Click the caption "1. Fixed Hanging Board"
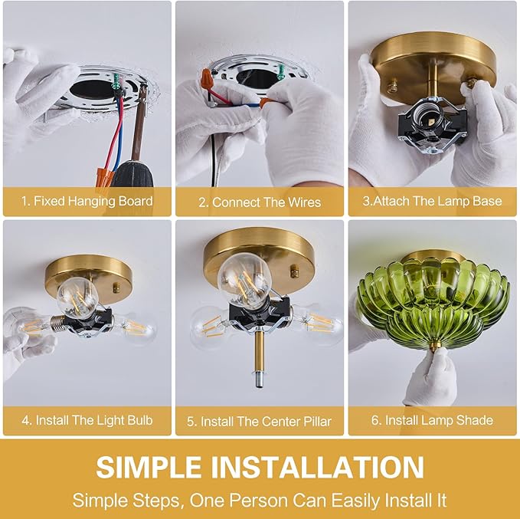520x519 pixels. (x=87, y=201)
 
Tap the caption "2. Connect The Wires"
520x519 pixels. (x=260, y=202)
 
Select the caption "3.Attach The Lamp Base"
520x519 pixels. (x=432, y=201)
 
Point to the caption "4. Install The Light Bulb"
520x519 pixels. (x=87, y=420)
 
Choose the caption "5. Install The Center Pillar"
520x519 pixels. (x=259, y=422)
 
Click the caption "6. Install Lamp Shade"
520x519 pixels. (x=432, y=420)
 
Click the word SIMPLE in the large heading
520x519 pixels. (x=149, y=467)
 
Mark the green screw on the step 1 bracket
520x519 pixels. (x=116, y=81)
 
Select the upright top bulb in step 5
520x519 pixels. (x=244, y=279)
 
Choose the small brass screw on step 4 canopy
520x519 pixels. (x=116, y=287)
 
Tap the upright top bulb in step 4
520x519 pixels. (x=77, y=294)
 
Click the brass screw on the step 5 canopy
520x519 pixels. (x=294, y=271)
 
